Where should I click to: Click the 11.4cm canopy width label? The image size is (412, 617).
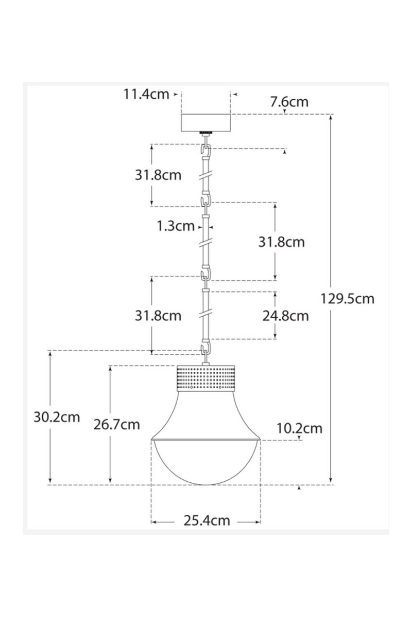click(146, 94)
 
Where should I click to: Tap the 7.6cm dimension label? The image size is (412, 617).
click(289, 101)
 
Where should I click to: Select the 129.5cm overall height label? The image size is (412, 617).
click(347, 298)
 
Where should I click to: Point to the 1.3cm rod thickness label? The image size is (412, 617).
click(176, 226)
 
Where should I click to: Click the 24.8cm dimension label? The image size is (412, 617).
click(285, 315)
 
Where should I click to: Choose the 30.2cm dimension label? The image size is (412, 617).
click(57, 417)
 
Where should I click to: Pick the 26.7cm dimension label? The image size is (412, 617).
click(117, 424)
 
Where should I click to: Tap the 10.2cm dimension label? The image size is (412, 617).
click(299, 428)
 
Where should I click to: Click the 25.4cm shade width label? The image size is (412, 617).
click(207, 520)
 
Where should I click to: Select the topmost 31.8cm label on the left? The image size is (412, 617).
click(158, 175)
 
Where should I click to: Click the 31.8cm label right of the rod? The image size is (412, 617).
click(281, 242)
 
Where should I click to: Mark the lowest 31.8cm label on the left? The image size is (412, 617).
click(158, 315)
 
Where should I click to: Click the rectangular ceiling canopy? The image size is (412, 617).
click(206, 122)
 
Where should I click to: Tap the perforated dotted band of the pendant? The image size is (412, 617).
click(206, 378)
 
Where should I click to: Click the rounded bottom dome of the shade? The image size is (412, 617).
click(206, 463)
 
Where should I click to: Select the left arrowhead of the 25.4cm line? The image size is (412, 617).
click(153, 521)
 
